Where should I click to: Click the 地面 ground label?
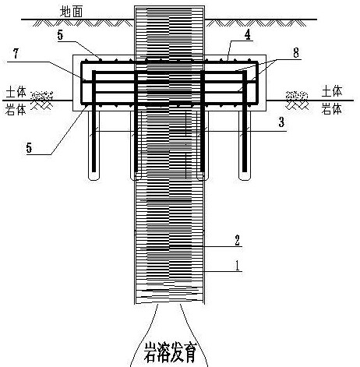click(x=72, y=12)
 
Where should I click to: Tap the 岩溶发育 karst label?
click(x=170, y=353)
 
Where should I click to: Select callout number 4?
click(x=248, y=35)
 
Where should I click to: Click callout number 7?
click(x=16, y=54)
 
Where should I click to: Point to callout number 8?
click(x=296, y=53)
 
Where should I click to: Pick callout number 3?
click(x=281, y=122)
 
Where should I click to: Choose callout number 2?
click(x=237, y=240)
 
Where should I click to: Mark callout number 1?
click(x=237, y=266)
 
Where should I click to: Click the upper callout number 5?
click(x=60, y=35)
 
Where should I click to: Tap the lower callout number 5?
click(x=29, y=148)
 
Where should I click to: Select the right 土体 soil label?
click(x=332, y=91)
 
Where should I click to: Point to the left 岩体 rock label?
click(x=16, y=110)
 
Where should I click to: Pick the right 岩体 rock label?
click(x=331, y=108)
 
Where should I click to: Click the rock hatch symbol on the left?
click(x=42, y=100)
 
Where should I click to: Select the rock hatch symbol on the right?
click(x=297, y=101)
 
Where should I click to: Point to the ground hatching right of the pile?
click(x=256, y=23)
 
